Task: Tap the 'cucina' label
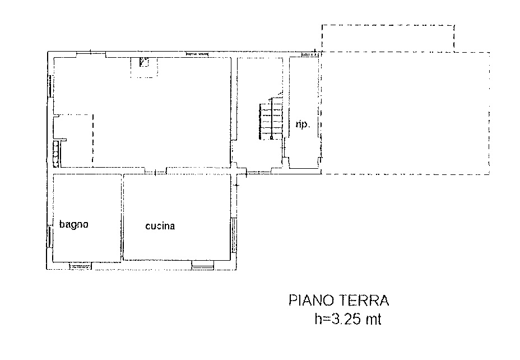coord(160,227)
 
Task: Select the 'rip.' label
coord(303,124)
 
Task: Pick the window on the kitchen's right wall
coord(234,236)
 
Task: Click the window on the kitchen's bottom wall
coord(202,265)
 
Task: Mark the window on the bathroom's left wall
coord(49,236)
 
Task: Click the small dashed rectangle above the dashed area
coord(388,37)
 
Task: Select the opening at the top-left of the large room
coord(91,54)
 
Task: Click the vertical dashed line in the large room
coord(92,140)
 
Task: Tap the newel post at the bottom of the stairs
coord(271,136)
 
